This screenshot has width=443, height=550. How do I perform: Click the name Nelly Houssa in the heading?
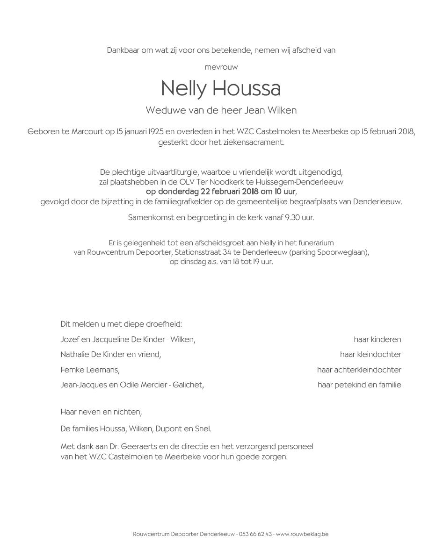tap(221, 88)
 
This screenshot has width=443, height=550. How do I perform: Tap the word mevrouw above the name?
tap(221, 67)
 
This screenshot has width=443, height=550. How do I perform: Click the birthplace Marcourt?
tap(87, 132)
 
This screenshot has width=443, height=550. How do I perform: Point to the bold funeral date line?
tap(221, 192)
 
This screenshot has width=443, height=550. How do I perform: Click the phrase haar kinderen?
tap(377, 339)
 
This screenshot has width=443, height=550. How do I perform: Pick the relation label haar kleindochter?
tap(370, 354)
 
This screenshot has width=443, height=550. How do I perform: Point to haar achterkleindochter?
tap(359, 370)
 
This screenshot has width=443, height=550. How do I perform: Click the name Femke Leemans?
tap(90, 370)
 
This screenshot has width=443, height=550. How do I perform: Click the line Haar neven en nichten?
tap(101, 412)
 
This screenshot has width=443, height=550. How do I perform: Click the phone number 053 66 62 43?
tap(255, 534)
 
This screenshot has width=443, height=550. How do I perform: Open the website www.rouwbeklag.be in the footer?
tap(302, 534)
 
